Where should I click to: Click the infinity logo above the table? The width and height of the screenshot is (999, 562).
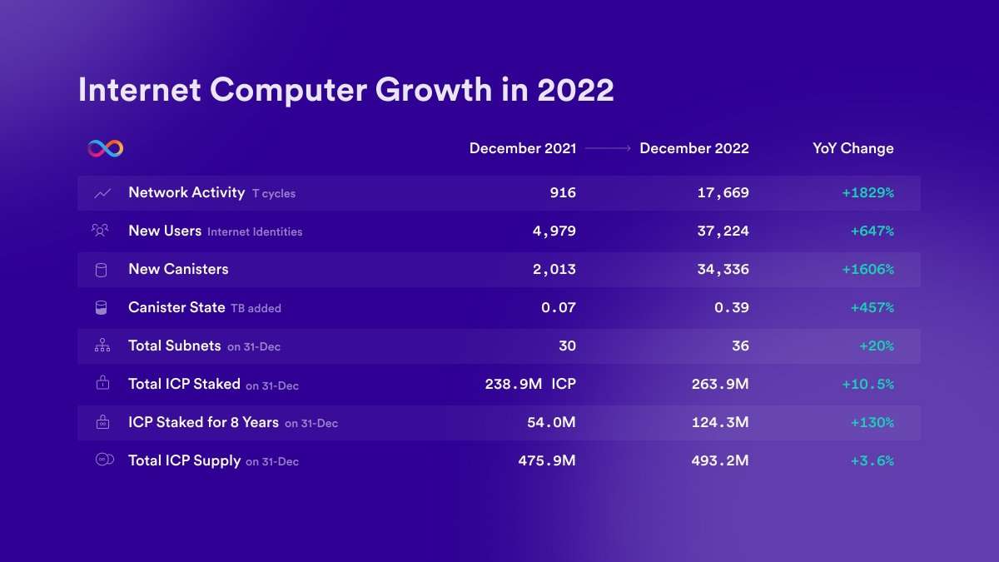[x=106, y=148]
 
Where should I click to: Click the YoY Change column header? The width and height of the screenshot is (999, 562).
[x=852, y=148]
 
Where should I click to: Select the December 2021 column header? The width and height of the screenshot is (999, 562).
[x=522, y=148]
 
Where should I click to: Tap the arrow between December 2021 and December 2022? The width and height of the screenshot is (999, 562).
[x=608, y=148]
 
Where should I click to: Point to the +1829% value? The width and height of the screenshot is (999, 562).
[x=867, y=192]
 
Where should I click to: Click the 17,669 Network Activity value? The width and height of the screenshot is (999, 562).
[x=723, y=192]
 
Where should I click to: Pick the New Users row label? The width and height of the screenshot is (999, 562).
[x=165, y=231]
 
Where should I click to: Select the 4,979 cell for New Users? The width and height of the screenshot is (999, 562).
[x=554, y=231]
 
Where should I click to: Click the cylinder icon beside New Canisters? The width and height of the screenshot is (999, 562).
[x=102, y=269]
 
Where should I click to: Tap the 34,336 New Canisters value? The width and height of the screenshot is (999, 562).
[x=723, y=269]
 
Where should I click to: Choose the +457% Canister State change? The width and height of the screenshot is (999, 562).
[x=872, y=307]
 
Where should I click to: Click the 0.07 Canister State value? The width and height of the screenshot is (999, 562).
[x=558, y=307]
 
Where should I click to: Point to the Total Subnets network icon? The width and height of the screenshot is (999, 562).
[x=102, y=346]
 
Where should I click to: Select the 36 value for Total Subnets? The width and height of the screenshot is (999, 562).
[x=740, y=346]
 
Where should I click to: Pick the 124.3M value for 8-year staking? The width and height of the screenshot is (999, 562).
[x=719, y=422]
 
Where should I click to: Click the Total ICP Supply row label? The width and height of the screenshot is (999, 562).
[x=184, y=460]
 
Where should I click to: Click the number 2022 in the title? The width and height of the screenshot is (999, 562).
[x=575, y=90]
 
